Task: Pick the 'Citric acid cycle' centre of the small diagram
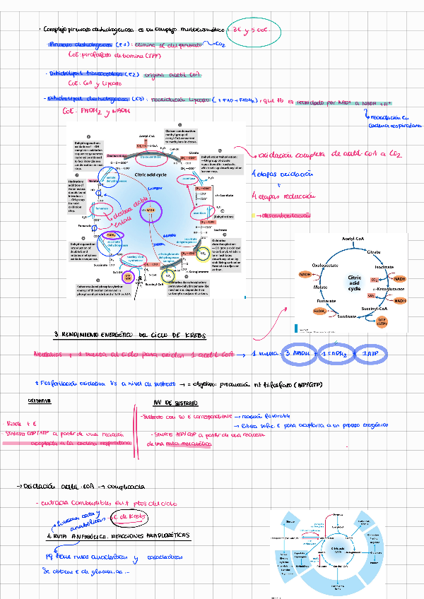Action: (354, 283)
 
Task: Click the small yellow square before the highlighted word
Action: (254, 215)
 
